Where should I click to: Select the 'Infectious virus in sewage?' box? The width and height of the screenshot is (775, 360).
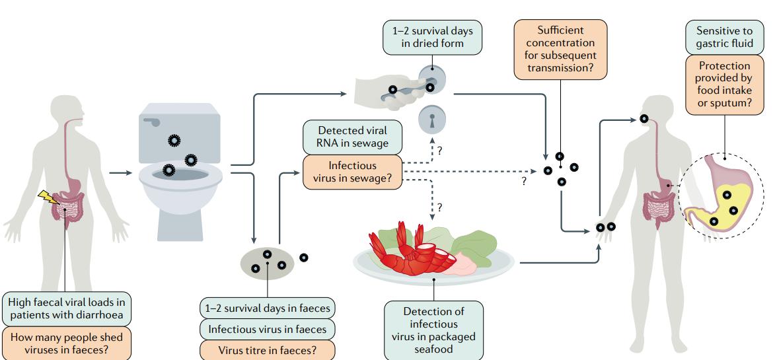[352, 172]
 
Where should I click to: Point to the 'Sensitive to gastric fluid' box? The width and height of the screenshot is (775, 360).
[724, 37]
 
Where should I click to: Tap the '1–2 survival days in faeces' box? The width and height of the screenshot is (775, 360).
[268, 308]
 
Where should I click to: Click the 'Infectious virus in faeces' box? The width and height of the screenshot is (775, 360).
[268, 329]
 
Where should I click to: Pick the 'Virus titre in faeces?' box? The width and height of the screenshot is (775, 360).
[268, 350]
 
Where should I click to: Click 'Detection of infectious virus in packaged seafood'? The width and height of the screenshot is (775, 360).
[433, 330]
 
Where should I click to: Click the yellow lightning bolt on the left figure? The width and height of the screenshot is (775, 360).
[48, 198]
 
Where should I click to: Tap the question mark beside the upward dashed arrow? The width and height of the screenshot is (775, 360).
[439, 151]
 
